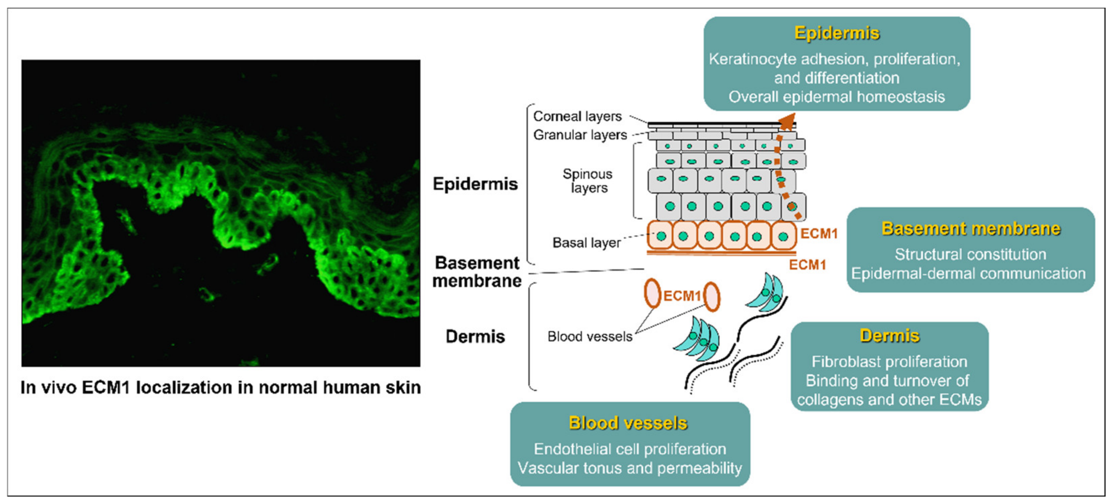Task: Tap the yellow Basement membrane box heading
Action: pyautogui.click(x=970, y=229)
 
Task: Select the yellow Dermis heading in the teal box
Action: pyautogui.click(x=889, y=336)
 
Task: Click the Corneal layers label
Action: pyautogui.click(x=577, y=116)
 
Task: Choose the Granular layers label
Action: pyautogui.click(x=580, y=135)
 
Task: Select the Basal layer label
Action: pyautogui.click(x=586, y=243)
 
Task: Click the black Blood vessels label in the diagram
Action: pyautogui.click(x=590, y=336)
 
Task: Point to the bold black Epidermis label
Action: pyautogui.click(x=475, y=184)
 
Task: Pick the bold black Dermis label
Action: pyautogui.click(x=475, y=337)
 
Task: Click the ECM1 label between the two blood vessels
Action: pyautogui.click(x=681, y=296)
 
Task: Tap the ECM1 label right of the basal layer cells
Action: pyautogui.click(x=819, y=234)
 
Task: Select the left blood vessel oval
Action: pyautogui.click(x=652, y=294)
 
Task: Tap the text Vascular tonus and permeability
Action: pyautogui.click(x=630, y=468)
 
